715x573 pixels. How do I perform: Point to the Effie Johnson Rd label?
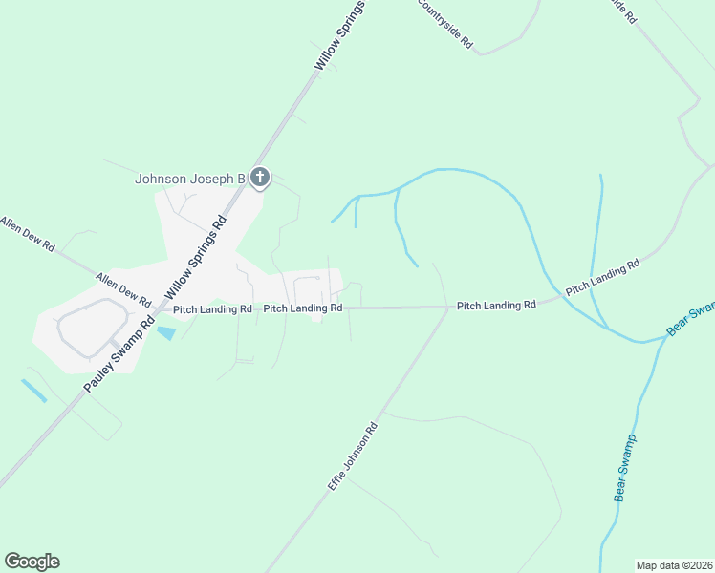point(354,457)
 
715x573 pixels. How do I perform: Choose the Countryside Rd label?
point(444,23)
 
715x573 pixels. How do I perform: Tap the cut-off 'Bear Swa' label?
point(690,318)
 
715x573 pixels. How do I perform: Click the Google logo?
point(32,562)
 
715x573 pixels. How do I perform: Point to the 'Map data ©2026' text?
point(674,565)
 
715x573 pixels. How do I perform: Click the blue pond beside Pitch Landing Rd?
point(166,333)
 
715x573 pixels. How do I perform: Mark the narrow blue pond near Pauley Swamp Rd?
point(33,390)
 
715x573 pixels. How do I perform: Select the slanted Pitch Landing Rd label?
point(602,277)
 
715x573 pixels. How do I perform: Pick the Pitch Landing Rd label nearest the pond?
point(212,309)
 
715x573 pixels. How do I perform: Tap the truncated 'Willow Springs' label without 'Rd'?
point(340,35)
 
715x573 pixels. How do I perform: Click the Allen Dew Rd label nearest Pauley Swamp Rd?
point(123,288)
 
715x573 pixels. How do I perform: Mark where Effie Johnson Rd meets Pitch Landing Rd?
point(448,308)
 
